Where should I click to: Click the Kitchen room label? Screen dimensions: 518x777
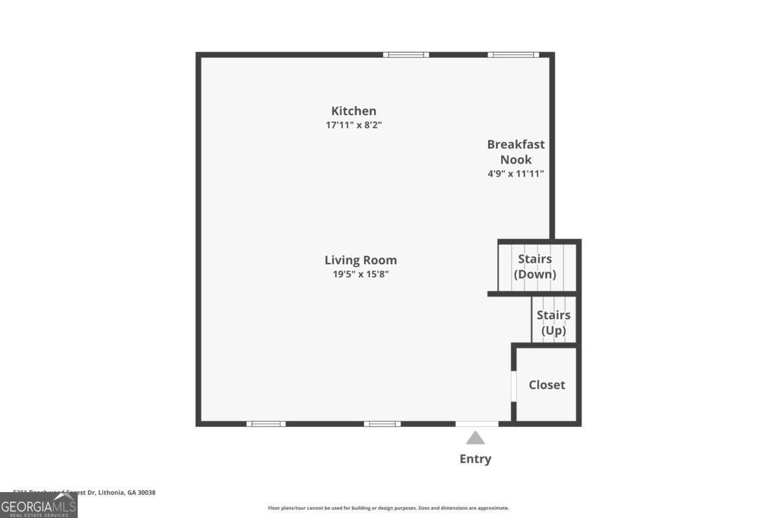click(354, 111)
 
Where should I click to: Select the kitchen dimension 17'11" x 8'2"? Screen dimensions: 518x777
click(354, 125)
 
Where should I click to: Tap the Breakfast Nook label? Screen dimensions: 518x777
click(515, 152)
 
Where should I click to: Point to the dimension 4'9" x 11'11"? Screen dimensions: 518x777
click(515, 174)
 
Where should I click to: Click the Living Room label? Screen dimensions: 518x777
click(361, 260)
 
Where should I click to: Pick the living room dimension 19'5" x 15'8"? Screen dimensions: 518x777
click(361, 274)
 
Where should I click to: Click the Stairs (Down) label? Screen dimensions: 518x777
click(535, 266)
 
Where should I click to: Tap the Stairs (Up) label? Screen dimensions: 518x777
click(554, 322)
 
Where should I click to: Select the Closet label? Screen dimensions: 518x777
click(546, 385)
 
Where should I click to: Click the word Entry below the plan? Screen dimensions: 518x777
click(475, 459)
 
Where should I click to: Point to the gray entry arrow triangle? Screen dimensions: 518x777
click(475, 438)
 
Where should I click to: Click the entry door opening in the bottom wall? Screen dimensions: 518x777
click(477, 424)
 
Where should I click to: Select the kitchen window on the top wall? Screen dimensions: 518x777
click(406, 55)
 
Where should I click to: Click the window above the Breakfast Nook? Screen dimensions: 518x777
click(513, 55)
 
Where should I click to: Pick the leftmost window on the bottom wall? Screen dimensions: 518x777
click(265, 424)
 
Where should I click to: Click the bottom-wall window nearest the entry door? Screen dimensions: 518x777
click(382, 424)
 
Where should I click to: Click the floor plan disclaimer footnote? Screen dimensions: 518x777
click(388, 508)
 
